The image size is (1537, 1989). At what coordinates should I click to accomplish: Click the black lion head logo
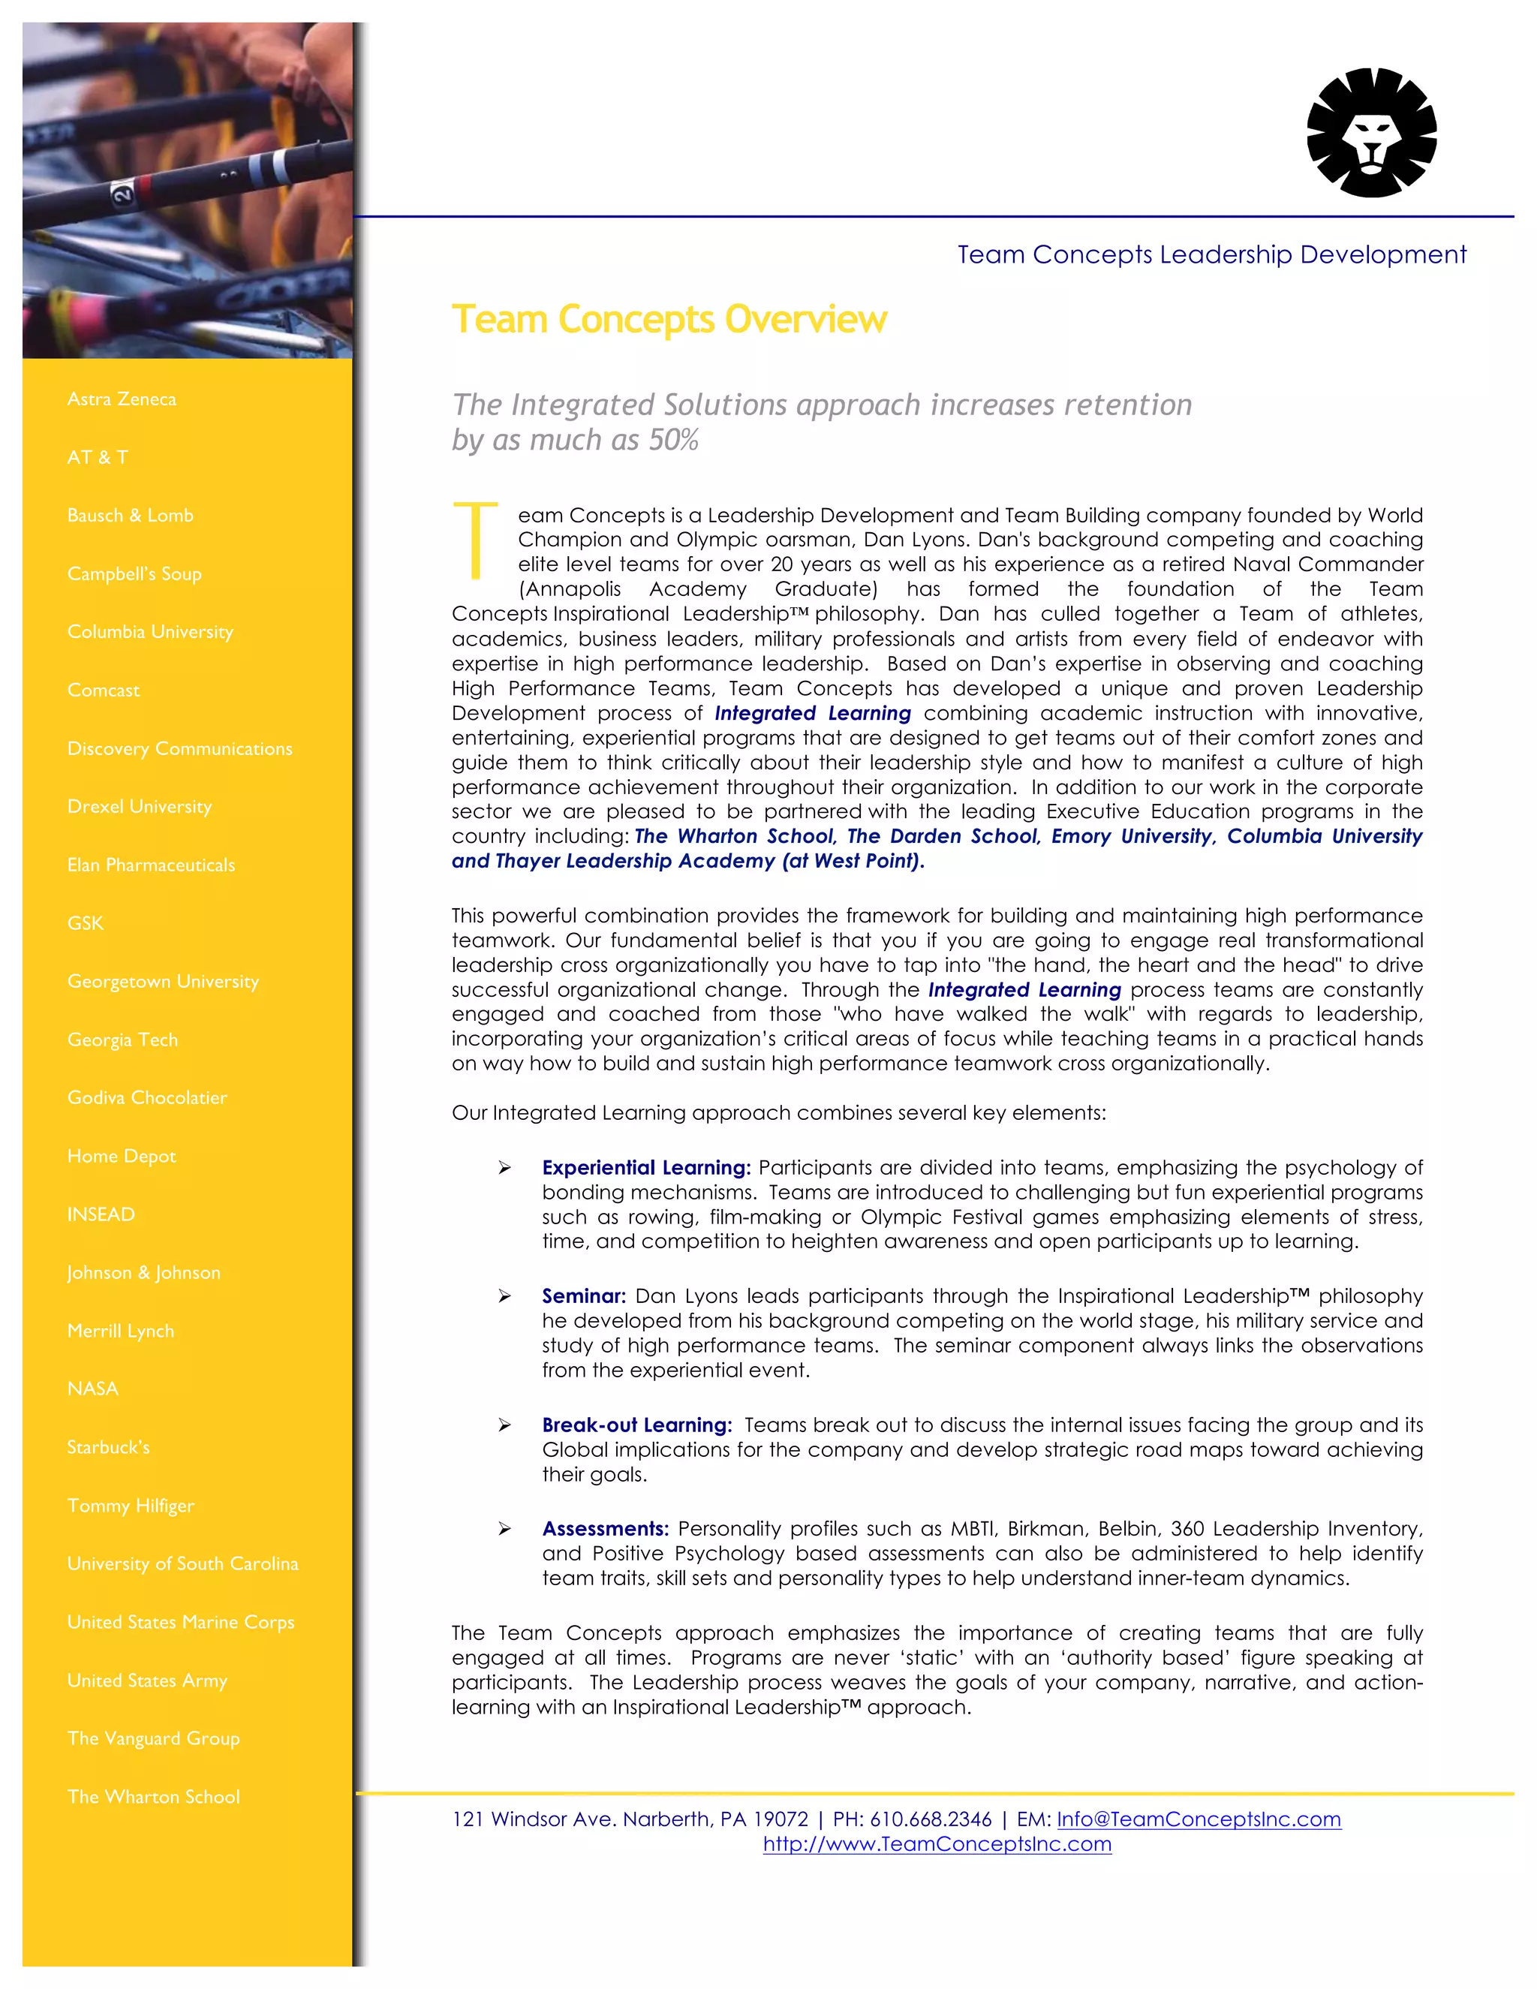[x=1371, y=133]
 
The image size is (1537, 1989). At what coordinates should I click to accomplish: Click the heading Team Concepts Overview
[x=669, y=320]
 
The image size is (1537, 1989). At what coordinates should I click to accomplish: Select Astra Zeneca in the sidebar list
[x=121, y=399]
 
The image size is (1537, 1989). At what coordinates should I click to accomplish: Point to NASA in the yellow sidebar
[x=92, y=1389]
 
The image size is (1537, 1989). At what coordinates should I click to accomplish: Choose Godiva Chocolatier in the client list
[x=146, y=1097]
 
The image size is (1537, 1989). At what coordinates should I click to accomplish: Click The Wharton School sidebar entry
[x=153, y=1797]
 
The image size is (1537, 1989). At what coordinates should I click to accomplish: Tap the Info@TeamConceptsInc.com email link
[x=1199, y=1819]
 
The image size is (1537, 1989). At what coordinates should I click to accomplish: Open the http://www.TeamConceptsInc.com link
[x=937, y=1844]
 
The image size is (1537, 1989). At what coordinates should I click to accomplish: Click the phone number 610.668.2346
[x=930, y=1819]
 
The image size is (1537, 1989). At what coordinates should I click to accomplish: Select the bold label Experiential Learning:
[x=645, y=1168]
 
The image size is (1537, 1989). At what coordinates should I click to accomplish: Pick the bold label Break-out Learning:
[x=636, y=1425]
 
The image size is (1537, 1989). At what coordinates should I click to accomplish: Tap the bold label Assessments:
[x=606, y=1529]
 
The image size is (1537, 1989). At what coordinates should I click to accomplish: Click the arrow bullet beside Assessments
[x=504, y=1529]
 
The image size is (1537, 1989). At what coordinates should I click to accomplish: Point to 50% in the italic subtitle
[x=673, y=441]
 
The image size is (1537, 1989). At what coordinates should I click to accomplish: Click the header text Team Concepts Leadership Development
[x=1211, y=255]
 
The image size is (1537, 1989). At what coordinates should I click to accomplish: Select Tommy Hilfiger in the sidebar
[x=130, y=1506]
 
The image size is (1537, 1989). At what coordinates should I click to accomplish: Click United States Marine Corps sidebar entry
[x=180, y=1622]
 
